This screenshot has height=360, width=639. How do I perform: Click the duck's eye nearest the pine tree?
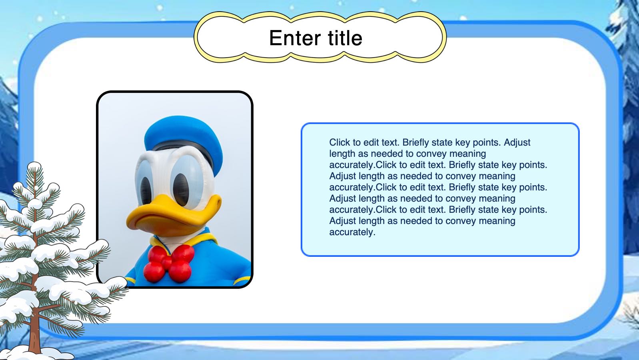(146, 190)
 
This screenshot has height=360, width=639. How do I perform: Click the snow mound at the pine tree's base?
(37, 354)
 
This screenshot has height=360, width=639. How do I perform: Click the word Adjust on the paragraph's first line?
(517, 142)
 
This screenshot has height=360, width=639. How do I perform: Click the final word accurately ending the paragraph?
(352, 232)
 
